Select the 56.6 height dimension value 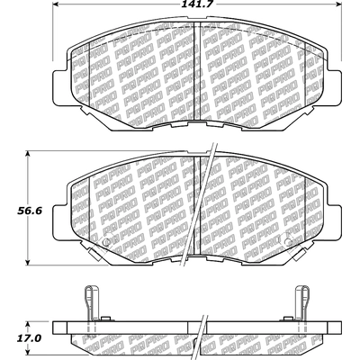click(x=30, y=211)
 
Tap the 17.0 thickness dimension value click(x=29, y=338)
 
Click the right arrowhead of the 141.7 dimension click(x=337, y=5)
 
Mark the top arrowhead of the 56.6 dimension click(x=28, y=155)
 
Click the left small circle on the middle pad click(x=106, y=242)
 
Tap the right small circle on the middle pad click(x=288, y=242)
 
